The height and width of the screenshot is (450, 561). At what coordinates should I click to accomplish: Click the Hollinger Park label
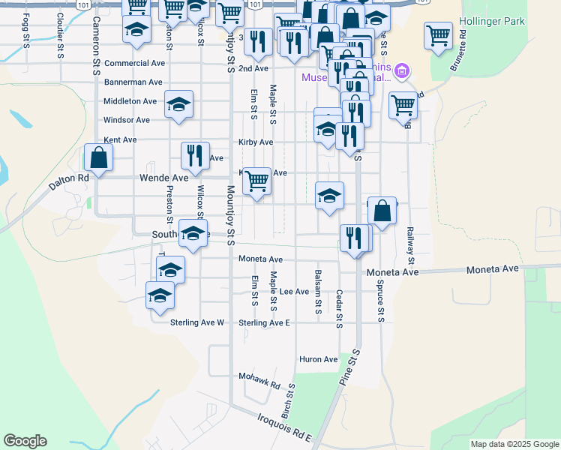(x=514, y=22)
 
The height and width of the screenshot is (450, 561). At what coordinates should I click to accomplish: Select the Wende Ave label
(x=164, y=178)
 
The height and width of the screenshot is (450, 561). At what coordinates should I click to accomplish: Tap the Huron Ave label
(x=319, y=359)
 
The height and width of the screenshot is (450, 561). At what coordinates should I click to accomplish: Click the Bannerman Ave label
(x=133, y=82)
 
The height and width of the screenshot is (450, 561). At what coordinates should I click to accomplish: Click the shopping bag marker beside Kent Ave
(x=98, y=158)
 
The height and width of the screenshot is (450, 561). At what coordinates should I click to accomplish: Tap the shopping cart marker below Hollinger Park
(x=438, y=34)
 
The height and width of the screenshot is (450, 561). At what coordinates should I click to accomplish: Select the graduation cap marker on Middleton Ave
(x=178, y=104)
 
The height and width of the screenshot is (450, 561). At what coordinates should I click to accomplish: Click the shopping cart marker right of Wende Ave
(x=256, y=181)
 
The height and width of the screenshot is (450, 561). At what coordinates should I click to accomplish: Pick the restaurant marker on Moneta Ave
(x=354, y=238)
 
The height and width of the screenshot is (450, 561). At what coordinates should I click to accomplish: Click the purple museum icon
(x=402, y=71)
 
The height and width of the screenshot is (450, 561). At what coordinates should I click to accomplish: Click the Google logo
(x=25, y=441)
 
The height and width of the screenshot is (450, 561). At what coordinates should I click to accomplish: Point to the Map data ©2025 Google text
(x=514, y=444)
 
